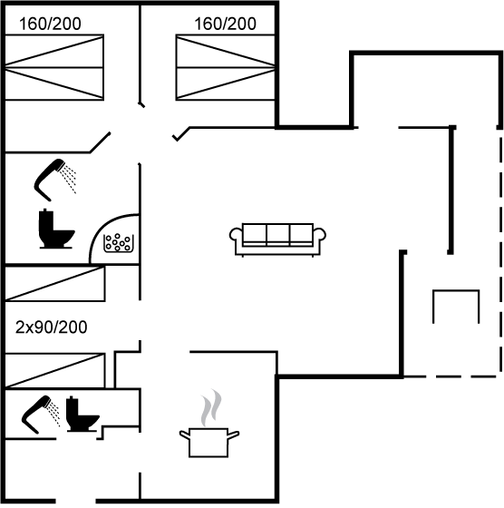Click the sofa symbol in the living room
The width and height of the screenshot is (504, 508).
[x=277, y=240]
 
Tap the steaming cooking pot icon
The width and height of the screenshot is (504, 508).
[x=209, y=425]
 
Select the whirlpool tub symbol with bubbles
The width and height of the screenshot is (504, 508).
[x=118, y=243]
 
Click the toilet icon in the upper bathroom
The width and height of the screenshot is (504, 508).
[x=56, y=229]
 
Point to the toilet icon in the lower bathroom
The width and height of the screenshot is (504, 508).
[x=82, y=414]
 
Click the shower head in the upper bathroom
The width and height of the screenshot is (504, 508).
[x=55, y=180]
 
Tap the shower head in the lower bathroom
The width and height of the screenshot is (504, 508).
[x=41, y=414]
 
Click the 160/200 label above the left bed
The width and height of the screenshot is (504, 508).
[x=50, y=24]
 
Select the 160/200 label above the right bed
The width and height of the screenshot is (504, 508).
[x=226, y=24]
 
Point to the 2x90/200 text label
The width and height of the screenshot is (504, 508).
[x=51, y=327]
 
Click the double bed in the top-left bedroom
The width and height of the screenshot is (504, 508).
[x=54, y=67]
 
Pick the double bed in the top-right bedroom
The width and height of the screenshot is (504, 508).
[x=226, y=67]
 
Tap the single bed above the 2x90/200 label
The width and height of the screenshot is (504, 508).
[x=55, y=284]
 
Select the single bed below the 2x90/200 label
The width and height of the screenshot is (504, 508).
[x=55, y=371]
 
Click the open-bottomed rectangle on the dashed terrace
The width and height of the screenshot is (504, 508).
[x=456, y=290]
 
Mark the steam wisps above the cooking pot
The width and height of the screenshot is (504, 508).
[x=211, y=407]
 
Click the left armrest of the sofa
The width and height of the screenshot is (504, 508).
[x=236, y=234]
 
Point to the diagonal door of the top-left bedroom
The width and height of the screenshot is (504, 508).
[x=101, y=142]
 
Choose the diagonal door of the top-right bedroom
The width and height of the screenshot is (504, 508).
[x=181, y=134]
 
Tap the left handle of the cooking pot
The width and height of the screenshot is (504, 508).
[x=185, y=435]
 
